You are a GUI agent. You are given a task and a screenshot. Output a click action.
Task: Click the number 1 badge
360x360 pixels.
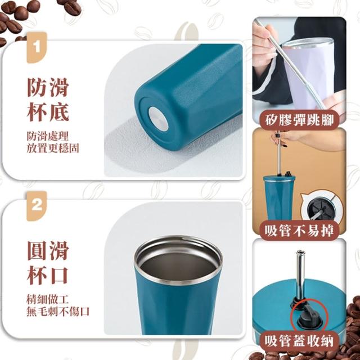click(x=37, y=47)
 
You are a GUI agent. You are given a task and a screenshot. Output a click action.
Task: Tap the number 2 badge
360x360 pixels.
click(x=37, y=206)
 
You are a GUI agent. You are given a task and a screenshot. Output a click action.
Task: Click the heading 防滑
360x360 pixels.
click(x=48, y=88)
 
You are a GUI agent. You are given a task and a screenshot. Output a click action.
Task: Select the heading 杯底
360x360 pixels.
click(x=48, y=112)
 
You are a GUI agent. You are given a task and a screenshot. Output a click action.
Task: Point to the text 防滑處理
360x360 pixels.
click(x=48, y=136)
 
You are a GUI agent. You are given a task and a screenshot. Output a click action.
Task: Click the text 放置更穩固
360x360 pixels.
click(x=53, y=148)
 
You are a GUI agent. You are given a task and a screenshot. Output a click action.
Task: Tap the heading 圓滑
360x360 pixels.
click(x=48, y=250)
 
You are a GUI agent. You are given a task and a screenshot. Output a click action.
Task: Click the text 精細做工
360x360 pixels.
click(x=48, y=299)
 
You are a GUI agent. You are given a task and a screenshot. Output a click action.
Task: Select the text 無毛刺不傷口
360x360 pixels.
click(x=58, y=312)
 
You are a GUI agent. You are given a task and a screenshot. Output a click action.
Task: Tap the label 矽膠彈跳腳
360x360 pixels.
click(x=299, y=120)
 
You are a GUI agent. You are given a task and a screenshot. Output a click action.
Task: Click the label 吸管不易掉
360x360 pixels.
click(x=299, y=231)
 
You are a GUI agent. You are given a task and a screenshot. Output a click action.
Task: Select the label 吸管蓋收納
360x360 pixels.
click(x=299, y=341)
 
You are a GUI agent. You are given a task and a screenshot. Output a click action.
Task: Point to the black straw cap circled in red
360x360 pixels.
click(x=308, y=315)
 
